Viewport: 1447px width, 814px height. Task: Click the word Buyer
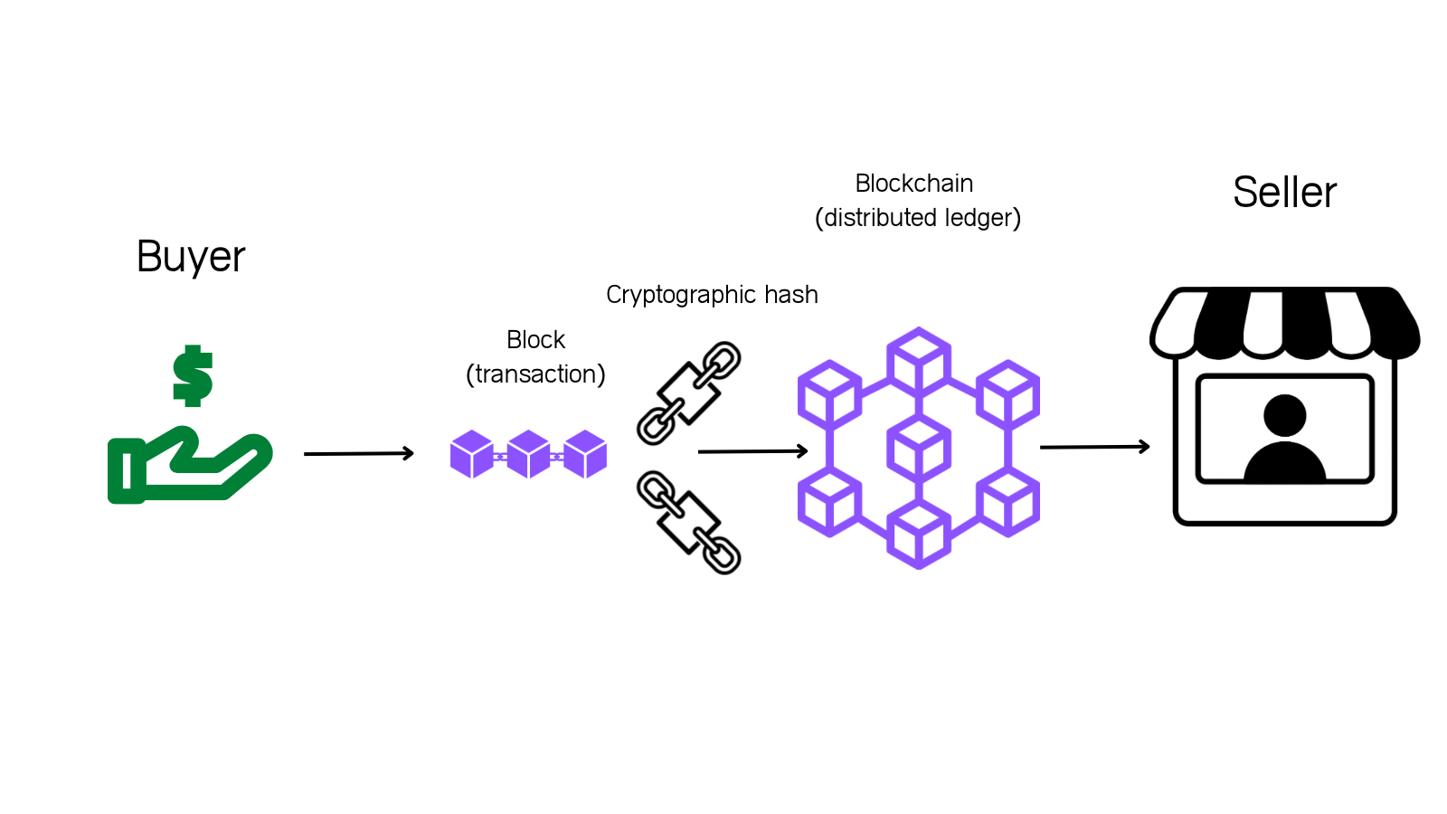coord(191,257)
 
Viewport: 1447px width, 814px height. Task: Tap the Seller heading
coord(1284,193)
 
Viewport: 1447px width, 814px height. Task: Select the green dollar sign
coord(193,375)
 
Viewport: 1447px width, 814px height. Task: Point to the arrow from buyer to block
coord(358,453)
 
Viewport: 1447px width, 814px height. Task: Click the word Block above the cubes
coord(535,340)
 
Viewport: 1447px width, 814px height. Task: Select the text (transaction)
coord(535,374)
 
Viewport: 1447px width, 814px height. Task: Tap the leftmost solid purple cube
coord(471,454)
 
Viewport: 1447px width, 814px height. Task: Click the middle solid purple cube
coord(528,454)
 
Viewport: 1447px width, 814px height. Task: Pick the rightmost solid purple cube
coord(585,454)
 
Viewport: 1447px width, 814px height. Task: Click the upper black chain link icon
coord(689,393)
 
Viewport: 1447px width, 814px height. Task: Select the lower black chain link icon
coord(689,523)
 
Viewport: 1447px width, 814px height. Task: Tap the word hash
coord(791,295)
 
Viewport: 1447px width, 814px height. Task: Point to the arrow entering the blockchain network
coord(752,450)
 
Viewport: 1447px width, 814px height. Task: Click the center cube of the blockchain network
coord(919,448)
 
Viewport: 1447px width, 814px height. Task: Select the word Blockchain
coord(914,184)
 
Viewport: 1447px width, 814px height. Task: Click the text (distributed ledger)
coord(918,218)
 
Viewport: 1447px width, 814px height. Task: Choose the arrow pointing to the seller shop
coord(1094,447)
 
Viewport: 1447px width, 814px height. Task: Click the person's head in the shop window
coord(1284,415)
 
